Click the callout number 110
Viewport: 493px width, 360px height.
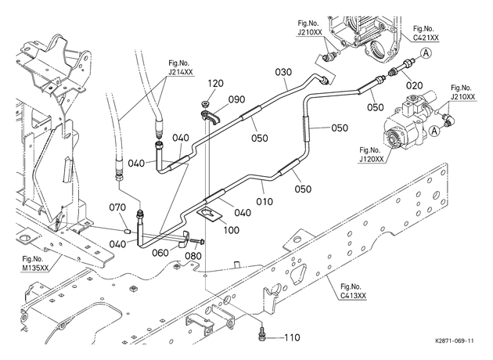click(292, 337)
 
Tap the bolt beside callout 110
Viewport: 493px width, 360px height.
click(261, 333)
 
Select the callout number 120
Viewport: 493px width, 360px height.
click(215, 83)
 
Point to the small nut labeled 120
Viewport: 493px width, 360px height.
click(206, 103)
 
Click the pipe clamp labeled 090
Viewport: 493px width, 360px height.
click(210, 117)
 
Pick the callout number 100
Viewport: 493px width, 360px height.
click(232, 230)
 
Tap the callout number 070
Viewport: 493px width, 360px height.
click(117, 207)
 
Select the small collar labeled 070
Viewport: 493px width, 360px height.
click(127, 232)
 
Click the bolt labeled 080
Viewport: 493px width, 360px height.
click(196, 242)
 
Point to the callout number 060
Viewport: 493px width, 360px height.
click(160, 253)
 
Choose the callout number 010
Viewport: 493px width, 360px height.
click(264, 201)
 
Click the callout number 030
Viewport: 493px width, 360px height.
click(283, 72)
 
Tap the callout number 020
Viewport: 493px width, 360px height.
click(415, 85)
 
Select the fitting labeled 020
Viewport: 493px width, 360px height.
click(400, 67)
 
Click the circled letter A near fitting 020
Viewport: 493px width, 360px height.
click(426, 53)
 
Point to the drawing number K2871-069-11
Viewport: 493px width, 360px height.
click(455, 341)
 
